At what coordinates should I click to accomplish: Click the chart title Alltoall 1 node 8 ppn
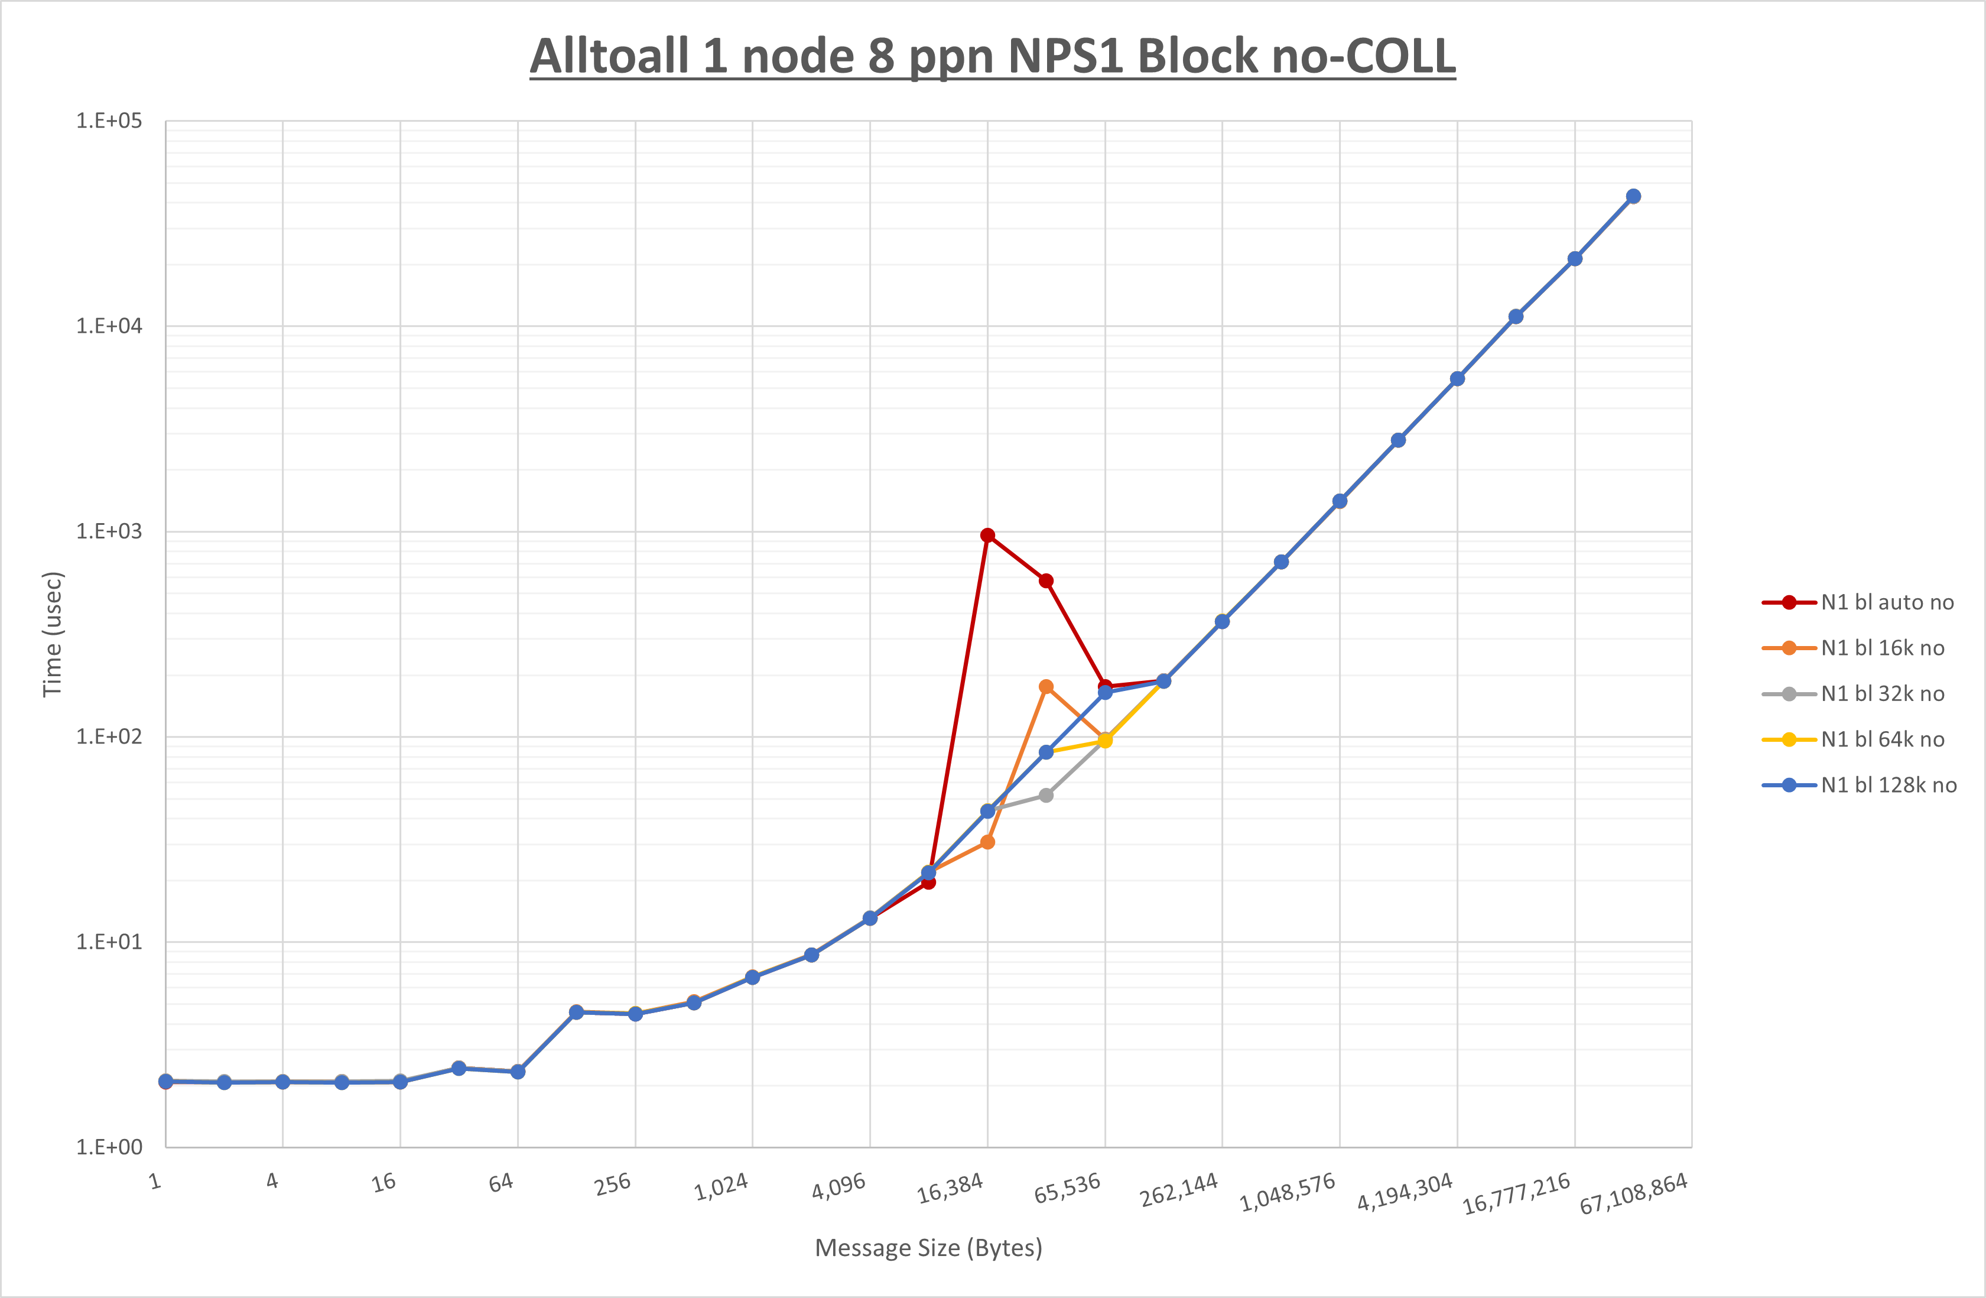coord(992,57)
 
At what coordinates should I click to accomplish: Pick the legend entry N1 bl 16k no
coord(1881,648)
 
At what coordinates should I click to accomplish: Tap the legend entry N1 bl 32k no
coord(1881,694)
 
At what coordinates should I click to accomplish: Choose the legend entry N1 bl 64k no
coord(1881,739)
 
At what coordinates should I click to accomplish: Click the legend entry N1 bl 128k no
coord(1887,786)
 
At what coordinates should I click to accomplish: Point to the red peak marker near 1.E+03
coord(987,535)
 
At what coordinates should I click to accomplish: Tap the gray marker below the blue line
coord(1045,796)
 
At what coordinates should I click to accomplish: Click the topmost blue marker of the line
coord(1633,196)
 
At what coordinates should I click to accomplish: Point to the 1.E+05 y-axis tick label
coord(109,121)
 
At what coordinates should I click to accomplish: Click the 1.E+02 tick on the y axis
coord(109,736)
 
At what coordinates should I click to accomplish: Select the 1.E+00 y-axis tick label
coord(109,1147)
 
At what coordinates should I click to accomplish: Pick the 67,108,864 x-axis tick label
coord(1633,1193)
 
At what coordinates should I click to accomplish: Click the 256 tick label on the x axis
coord(613,1185)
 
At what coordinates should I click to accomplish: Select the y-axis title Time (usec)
coord(52,634)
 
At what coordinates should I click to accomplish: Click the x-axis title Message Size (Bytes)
coord(928,1248)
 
